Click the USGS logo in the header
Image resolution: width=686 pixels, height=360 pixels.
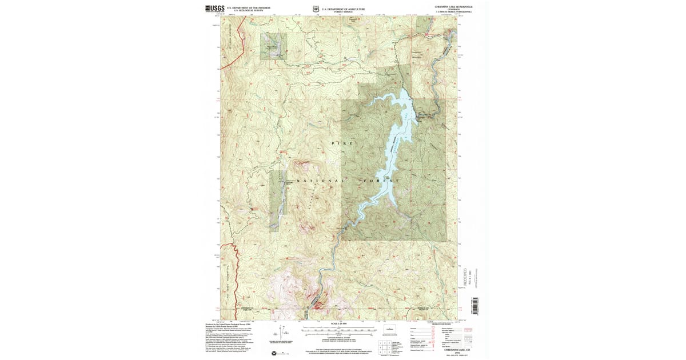(213, 8)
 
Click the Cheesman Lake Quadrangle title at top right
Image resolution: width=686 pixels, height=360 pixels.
(453, 6)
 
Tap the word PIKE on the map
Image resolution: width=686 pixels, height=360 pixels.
(343, 142)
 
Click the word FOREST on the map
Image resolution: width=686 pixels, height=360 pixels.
(380, 181)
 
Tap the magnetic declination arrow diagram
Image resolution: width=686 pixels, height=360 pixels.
(278, 331)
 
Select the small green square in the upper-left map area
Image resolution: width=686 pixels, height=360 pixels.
(274, 46)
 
